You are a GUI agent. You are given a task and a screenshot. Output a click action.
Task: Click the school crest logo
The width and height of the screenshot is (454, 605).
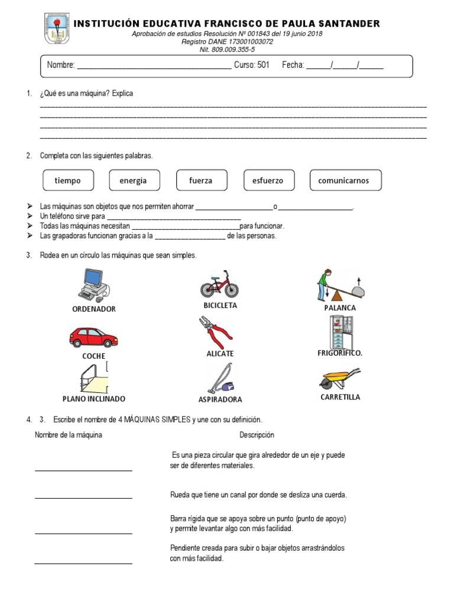[57, 29]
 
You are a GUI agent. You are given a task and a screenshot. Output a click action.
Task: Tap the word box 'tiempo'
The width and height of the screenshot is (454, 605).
[67, 181]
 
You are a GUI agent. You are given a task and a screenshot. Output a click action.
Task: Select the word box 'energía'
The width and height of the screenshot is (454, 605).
[133, 181]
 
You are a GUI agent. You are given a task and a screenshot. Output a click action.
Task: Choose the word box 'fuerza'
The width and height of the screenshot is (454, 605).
[200, 181]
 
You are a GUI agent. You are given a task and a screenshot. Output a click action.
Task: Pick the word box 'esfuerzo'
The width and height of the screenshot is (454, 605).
[268, 181]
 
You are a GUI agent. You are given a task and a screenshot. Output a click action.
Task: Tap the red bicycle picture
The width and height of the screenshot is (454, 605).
[219, 285]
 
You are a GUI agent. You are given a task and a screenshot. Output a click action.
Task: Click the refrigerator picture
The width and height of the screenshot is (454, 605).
[339, 332]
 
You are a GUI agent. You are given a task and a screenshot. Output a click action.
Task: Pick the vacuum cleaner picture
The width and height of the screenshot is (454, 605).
[220, 379]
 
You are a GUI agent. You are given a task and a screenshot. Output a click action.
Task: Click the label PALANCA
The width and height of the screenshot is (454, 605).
[340, 308]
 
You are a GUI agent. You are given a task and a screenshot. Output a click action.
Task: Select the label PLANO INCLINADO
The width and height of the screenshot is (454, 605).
[94, 399]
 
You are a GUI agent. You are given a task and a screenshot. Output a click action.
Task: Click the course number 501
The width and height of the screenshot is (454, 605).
[262, 66]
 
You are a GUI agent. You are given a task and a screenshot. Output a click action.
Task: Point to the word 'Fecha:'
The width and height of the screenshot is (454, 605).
[293, 66]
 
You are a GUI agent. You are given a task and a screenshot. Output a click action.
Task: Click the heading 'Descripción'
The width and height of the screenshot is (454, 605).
[257, 435]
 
